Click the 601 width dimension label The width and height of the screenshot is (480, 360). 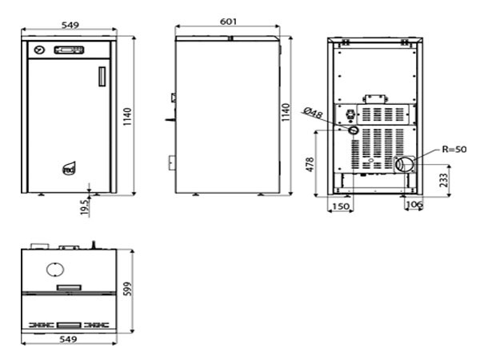(228, 22)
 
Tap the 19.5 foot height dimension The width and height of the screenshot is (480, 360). (86, 206)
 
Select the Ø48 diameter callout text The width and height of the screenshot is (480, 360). (313, 113)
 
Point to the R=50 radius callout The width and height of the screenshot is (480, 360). (454, 150)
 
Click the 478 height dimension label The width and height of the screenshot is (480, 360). (310, 164)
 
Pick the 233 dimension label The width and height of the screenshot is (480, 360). (443, 180)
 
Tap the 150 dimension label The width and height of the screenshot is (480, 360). (341, 206)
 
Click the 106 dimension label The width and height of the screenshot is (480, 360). (414, 204)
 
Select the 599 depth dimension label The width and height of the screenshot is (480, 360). (127, 289)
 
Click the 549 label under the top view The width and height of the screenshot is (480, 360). (68, 339)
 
